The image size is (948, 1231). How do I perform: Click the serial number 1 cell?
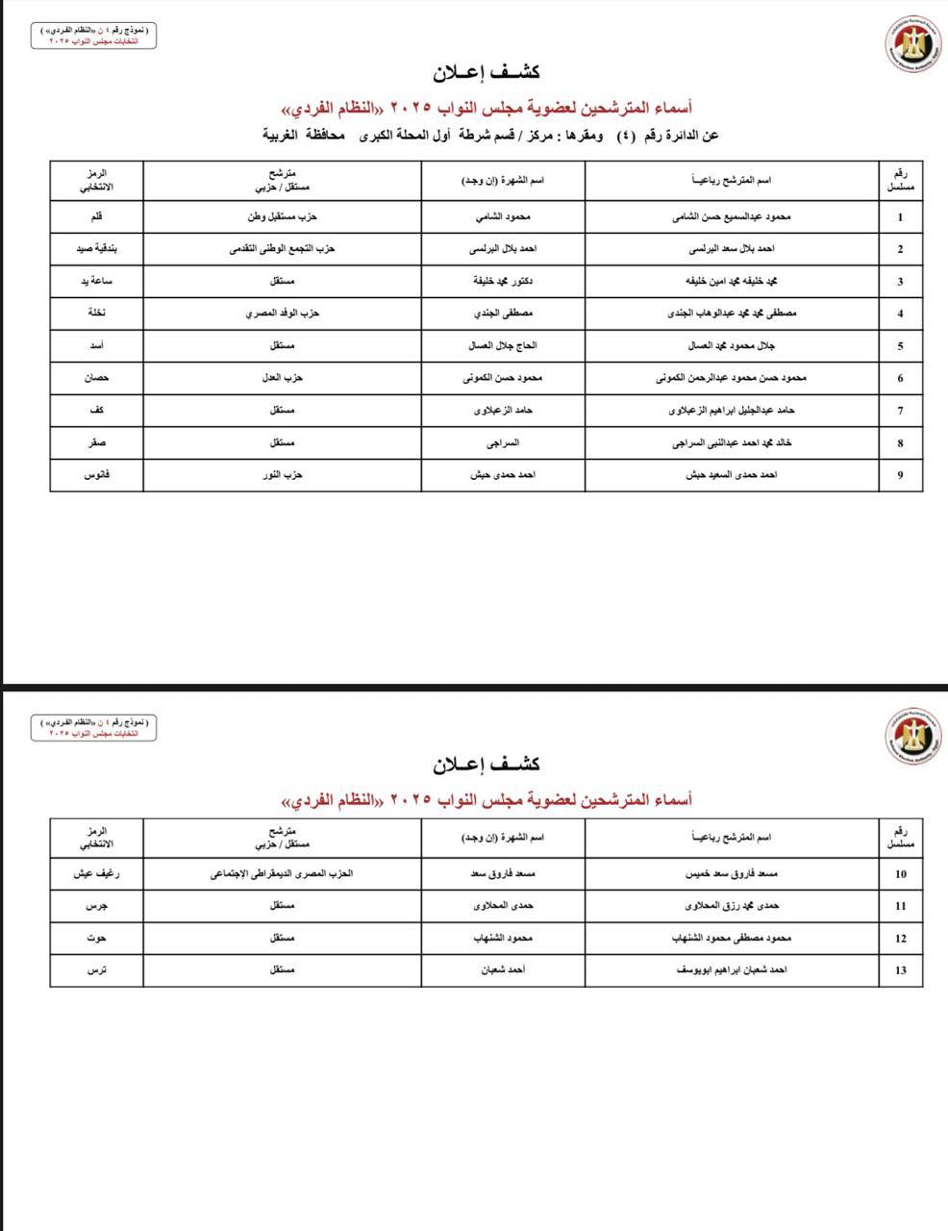900,217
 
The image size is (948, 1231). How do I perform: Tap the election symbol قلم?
96,217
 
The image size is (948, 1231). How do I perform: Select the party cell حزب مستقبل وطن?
282,217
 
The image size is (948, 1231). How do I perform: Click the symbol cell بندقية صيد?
96,249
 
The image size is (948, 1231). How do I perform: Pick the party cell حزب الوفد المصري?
282,314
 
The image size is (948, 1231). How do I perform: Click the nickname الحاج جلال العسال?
502,346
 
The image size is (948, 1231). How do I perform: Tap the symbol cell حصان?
96,378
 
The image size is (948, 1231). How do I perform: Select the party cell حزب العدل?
282,378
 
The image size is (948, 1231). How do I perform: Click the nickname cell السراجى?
502,443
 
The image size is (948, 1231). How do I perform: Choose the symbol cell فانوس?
96,475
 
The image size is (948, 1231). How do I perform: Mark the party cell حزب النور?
282,475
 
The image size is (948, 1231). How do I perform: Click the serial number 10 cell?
900,874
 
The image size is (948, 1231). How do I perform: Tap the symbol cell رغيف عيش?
96,874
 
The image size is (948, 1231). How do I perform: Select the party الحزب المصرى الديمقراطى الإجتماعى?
282,874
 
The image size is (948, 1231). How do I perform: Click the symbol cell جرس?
96,906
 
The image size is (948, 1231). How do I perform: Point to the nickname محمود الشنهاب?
502,938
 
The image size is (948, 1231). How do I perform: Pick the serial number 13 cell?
900,970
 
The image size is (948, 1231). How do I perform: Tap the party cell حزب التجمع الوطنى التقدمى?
282,249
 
